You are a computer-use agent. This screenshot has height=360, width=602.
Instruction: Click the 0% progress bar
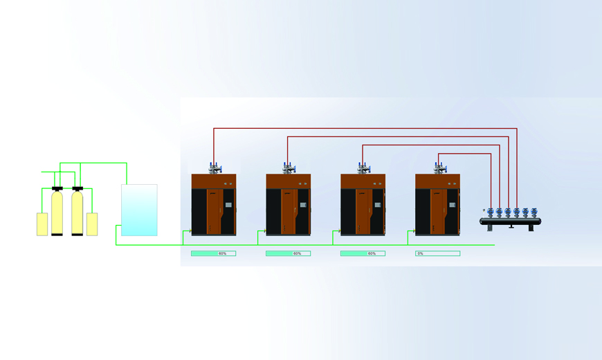pos(438,253)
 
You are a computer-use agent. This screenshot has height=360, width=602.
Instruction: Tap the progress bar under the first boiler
pos(213,253)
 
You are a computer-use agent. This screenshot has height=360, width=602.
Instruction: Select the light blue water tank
pos(139,210)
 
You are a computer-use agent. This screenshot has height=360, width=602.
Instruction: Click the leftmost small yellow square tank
pos(42,224)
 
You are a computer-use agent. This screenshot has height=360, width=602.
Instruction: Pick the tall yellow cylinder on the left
pos(57,213)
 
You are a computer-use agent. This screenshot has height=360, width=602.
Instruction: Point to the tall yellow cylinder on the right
pos(77,213)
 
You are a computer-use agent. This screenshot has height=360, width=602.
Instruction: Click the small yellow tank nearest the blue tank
pos(92,224)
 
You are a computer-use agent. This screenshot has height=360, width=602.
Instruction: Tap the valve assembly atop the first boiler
pos(215,168)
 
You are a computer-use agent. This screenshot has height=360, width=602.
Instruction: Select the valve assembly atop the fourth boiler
pos(440,168)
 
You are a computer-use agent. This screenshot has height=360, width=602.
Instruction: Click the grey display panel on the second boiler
pos(303,205)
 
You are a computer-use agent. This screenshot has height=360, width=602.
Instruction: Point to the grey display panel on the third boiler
pos(377,205)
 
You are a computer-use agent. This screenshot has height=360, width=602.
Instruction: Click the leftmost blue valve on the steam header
pos(491,212)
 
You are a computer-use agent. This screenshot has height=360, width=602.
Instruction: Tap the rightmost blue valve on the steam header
pos(534,212)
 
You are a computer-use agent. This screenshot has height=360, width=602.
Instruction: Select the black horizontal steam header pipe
pos(510,222)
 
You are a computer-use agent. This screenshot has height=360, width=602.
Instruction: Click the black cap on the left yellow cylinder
pos(57,188)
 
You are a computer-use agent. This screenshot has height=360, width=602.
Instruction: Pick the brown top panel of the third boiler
pos(363,181)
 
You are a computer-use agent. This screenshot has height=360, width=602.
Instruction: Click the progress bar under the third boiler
pos(363,253)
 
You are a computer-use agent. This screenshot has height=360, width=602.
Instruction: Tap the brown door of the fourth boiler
pos(439,211)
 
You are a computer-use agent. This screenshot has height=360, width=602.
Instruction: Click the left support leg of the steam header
pos(490,228)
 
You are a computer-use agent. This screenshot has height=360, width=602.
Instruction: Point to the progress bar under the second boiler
pos(289,253)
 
